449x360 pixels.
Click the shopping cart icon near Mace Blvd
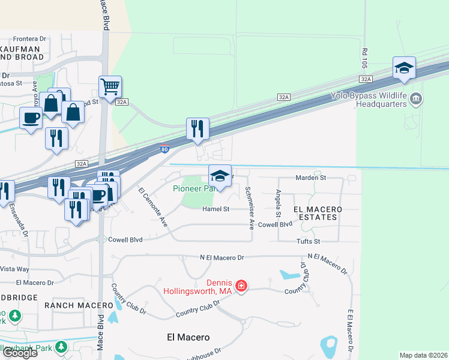click(110, 87)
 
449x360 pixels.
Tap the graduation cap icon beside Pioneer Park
click(220, 176)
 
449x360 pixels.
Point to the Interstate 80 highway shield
click(165, 148)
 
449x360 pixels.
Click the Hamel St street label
click(216, 209)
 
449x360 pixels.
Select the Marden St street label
click(310, 178)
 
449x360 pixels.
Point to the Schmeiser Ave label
click(249, 208)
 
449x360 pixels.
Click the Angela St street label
click(278, 203)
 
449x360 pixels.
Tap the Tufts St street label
click(309, 241)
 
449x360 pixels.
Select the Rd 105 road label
click(364, 57)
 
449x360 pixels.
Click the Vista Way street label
click(14, 269)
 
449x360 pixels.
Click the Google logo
click(19, 352)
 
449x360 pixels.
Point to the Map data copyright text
click(423, 355)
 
